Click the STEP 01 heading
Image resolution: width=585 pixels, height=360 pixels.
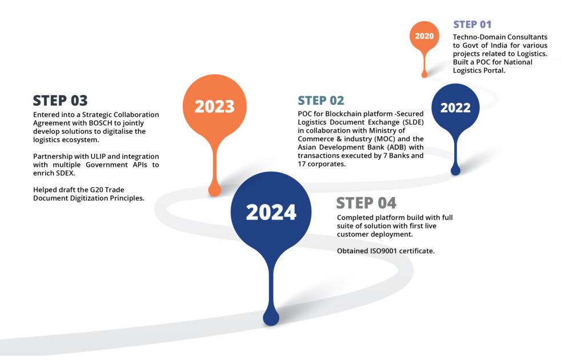(x=472, y=25)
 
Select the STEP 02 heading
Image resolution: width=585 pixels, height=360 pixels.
(x=320, y=101)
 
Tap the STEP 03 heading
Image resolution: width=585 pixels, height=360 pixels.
(x=60, y=101)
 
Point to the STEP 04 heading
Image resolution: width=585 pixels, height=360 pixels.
(x=366, y=203)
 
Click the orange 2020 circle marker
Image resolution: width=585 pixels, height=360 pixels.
(x=424, y=36)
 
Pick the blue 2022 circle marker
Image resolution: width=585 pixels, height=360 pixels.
(x=455, y=107)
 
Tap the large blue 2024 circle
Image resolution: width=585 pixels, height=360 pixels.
(x=271, y=212)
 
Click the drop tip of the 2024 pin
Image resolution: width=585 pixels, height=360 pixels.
(x=271, y=318)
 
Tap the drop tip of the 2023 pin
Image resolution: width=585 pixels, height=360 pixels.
(x=214, y=190)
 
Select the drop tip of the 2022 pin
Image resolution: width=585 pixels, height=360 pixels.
(x=455, y=170)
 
